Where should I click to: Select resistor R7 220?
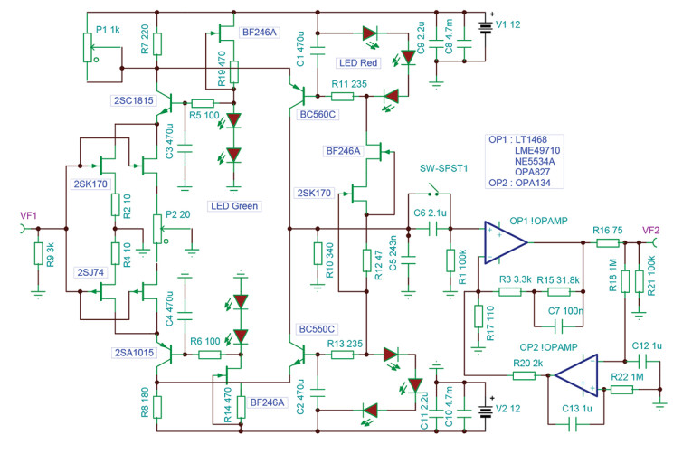click(x=157, y=43)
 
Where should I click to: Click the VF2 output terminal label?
click(x=653, y=229)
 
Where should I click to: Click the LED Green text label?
click(x=234, y=206)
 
